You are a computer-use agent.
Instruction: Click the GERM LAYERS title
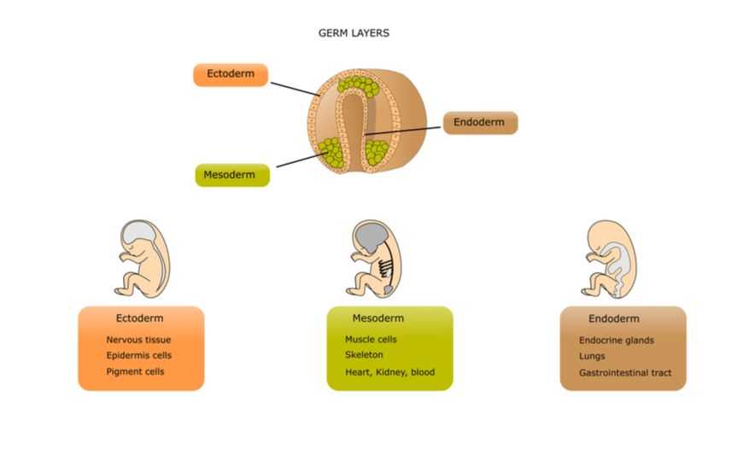coord(354,33)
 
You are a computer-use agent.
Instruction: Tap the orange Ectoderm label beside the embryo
coord(231,75)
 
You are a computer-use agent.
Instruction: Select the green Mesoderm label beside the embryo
coord(232,175)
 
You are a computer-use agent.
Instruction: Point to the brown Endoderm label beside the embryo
coord(481,123)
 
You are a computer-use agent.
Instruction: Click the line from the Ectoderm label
coord(295,89)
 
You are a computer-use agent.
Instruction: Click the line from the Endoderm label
coord(403,131)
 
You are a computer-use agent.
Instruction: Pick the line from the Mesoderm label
coord(301,160)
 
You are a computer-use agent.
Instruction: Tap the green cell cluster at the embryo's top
coord(359,86)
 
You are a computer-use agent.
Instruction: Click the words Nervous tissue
coord(138,340)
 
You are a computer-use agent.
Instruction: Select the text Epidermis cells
coord(139,355)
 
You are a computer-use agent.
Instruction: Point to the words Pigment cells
coord(135,371)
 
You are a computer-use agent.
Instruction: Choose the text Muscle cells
coord(371,339)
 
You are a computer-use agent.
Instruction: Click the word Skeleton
coord(364,355)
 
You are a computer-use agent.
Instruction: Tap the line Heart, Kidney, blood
coord(389,372)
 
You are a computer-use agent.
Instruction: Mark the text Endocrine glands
coord(616,340)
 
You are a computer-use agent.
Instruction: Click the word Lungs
coord(592,356)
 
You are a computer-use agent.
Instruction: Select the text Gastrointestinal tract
coord(625,373)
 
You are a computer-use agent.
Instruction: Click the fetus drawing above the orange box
coord(142,258)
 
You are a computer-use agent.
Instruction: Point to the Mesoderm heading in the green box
coord(378,318)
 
